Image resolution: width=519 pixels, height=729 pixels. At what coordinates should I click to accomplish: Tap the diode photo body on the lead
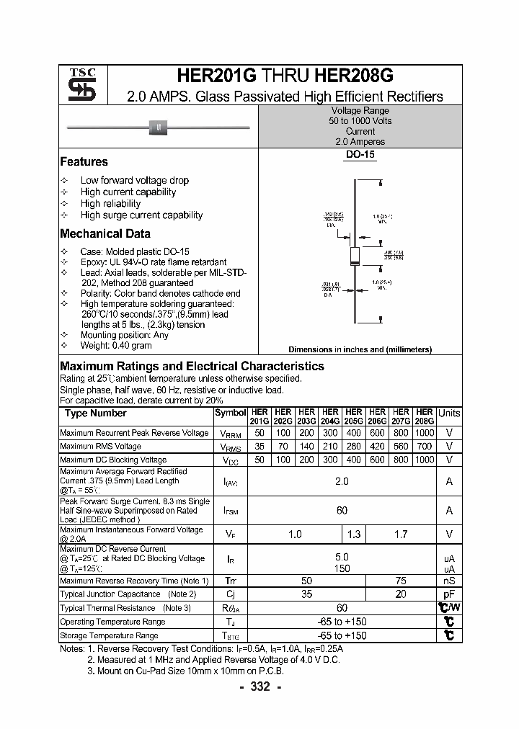click(158, 128)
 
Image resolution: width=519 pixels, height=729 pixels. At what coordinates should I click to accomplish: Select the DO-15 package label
click(360, 154)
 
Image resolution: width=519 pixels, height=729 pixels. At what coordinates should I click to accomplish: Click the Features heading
click(84, 162)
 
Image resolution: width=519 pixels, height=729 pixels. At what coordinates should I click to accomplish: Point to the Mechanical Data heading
click(105, 233)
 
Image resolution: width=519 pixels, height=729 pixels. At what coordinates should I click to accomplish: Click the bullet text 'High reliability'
click(110, 203)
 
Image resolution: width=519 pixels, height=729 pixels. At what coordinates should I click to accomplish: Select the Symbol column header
click(230, 413)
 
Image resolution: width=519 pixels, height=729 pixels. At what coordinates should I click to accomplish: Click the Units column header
click(449, 413)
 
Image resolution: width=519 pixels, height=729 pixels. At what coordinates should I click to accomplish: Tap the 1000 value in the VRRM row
click(425, 433)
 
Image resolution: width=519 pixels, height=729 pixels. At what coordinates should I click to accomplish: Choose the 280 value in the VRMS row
click(353, 447)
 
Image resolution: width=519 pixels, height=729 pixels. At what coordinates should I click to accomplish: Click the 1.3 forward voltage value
click(353, 534)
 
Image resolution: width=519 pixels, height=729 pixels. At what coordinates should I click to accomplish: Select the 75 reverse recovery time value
click(401, 581)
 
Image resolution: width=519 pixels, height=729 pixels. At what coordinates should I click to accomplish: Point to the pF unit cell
click(449, 594)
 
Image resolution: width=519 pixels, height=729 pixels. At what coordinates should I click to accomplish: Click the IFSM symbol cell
click(230, 511)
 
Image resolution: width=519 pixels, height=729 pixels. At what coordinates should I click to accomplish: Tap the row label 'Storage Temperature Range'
click(109, 635)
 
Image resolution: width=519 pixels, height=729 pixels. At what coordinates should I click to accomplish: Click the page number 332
click(259, 686)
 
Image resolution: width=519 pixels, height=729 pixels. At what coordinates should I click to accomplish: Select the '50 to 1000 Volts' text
click(360, 121)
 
